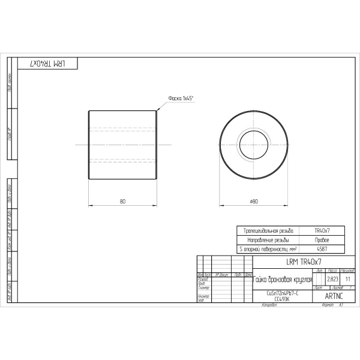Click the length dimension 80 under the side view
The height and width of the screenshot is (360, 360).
(x=122, y=202)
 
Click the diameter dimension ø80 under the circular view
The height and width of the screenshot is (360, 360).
(x=253, y=202)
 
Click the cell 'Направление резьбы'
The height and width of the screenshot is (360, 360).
(x=267, y=239)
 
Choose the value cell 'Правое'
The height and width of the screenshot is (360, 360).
(x=322, y=239)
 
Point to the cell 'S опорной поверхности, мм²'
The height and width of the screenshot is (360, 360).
(x=267, y=248)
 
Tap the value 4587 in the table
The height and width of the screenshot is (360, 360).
(x=322, y=248)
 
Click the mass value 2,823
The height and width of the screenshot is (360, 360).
(x=332, y=280)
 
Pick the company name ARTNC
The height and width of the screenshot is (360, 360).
(x=334, y=296)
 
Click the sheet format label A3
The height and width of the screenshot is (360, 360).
(x=340, y=305)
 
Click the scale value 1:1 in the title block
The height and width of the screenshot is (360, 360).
(x=348, y=280)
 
